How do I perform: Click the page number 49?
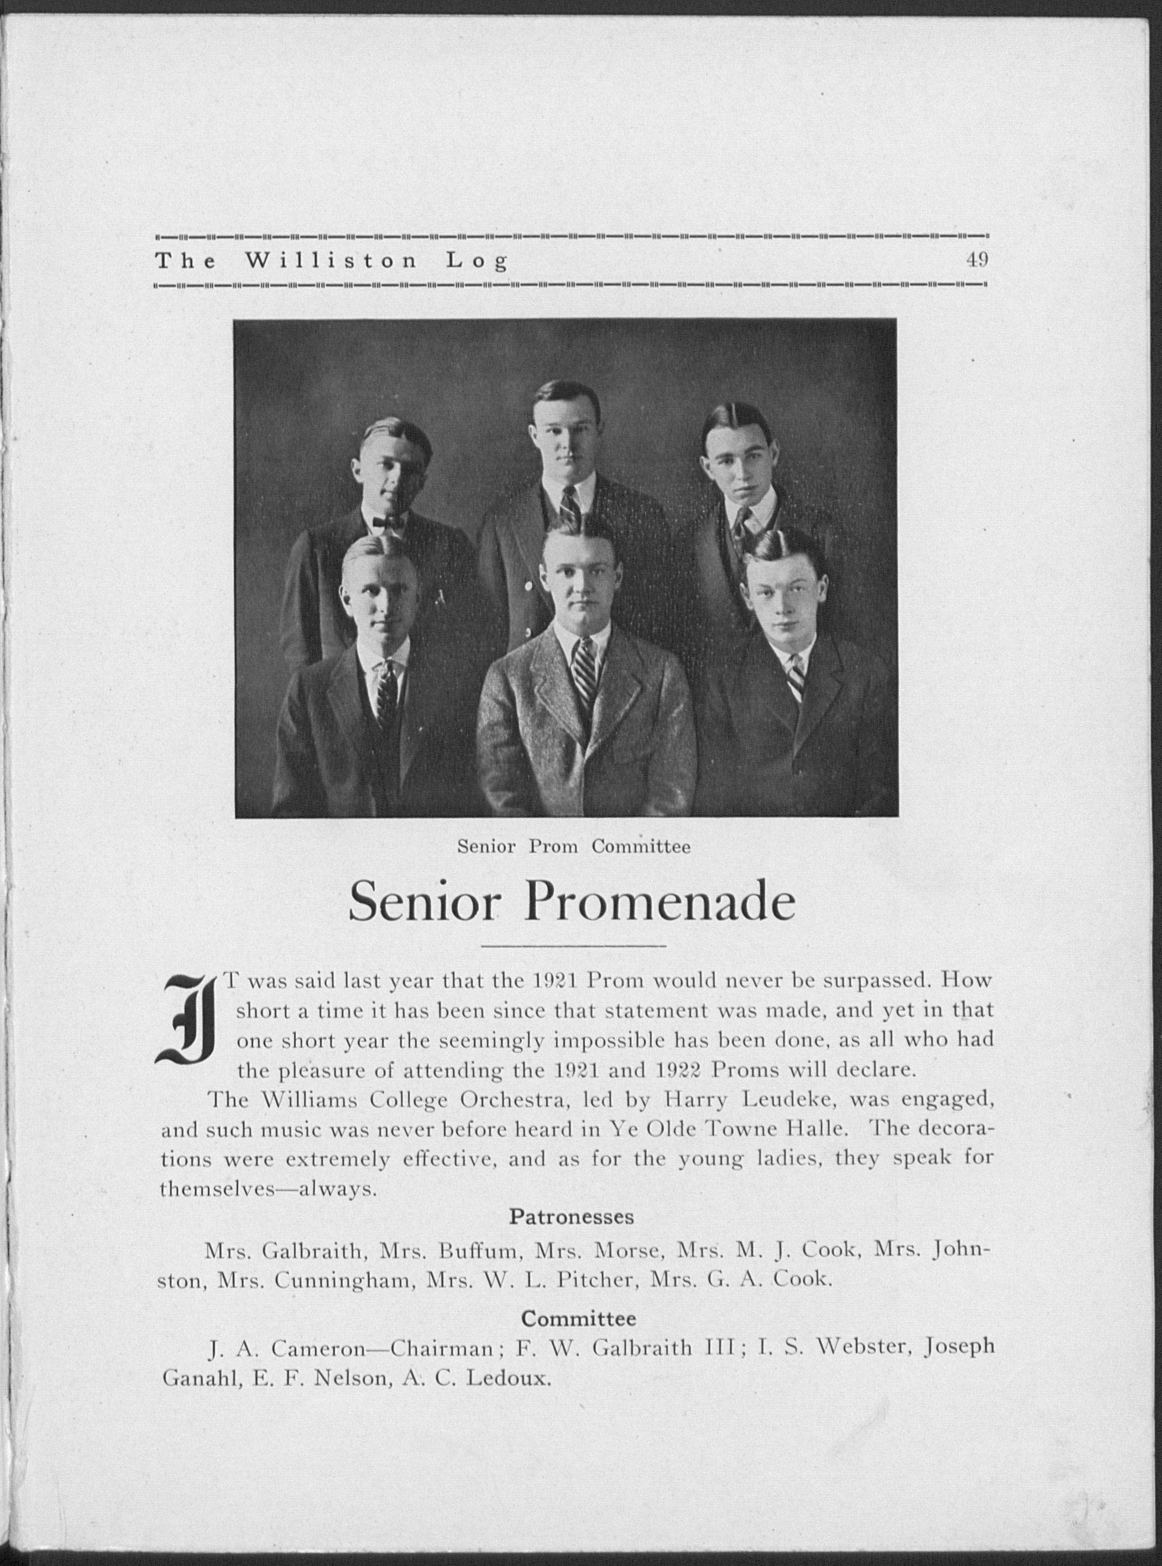(977, 260)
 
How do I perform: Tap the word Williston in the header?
(331, 261)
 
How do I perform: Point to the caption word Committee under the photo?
(641, 847)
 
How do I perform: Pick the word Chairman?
(441, 1347)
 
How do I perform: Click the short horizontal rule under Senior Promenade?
(574, 946)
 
